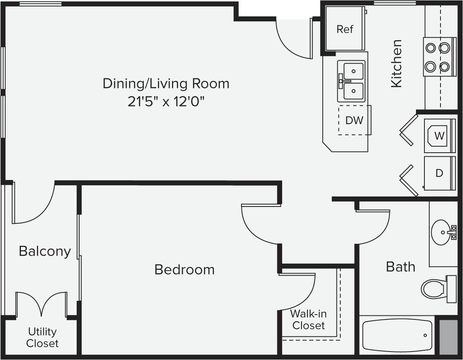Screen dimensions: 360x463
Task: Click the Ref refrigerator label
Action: point(345,29)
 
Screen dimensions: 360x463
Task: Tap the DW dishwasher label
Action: point(354,120)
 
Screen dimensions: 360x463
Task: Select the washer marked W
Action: point(439,136)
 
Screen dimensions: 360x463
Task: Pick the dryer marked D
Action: point(439,173)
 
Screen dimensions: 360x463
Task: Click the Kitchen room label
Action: point(396,63)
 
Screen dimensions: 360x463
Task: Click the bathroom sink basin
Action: point(441,232)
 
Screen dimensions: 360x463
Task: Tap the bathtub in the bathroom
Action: point(397,335)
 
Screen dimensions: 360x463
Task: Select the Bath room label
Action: point(400,266)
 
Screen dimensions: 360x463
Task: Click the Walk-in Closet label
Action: point(308,319)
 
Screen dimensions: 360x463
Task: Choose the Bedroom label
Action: point(184,269)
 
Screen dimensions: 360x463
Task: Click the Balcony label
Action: point(45,252)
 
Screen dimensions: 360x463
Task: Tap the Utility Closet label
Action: point(42,337)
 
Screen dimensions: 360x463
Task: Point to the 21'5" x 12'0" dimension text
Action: point(166,102)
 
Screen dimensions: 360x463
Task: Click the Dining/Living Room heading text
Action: point(166,84)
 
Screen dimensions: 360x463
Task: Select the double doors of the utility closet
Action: point(41,305)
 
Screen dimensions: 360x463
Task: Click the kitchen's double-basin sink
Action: point(351,81)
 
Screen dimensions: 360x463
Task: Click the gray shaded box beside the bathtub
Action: point(448,337)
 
